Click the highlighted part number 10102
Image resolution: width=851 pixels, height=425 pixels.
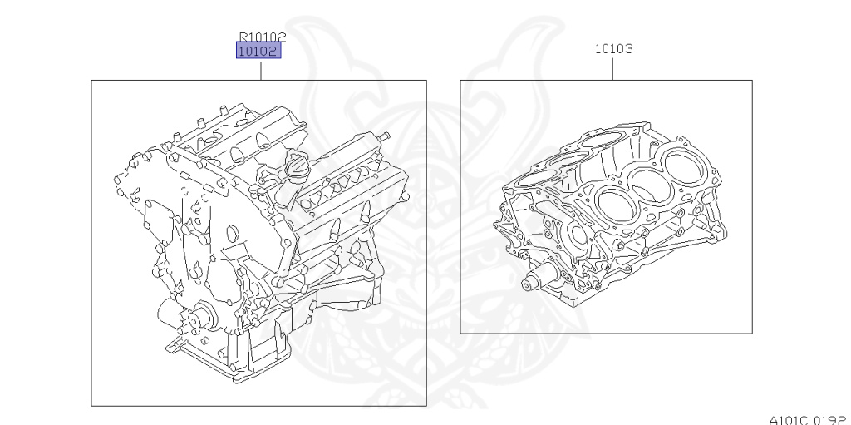click(259, 51)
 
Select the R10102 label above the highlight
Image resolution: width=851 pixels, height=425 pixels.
click(263, 37)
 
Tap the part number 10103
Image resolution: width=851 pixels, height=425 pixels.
click(614, 49)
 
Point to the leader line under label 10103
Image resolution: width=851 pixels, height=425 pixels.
click(613, 68)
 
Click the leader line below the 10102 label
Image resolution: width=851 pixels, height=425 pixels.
click(261, 71)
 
